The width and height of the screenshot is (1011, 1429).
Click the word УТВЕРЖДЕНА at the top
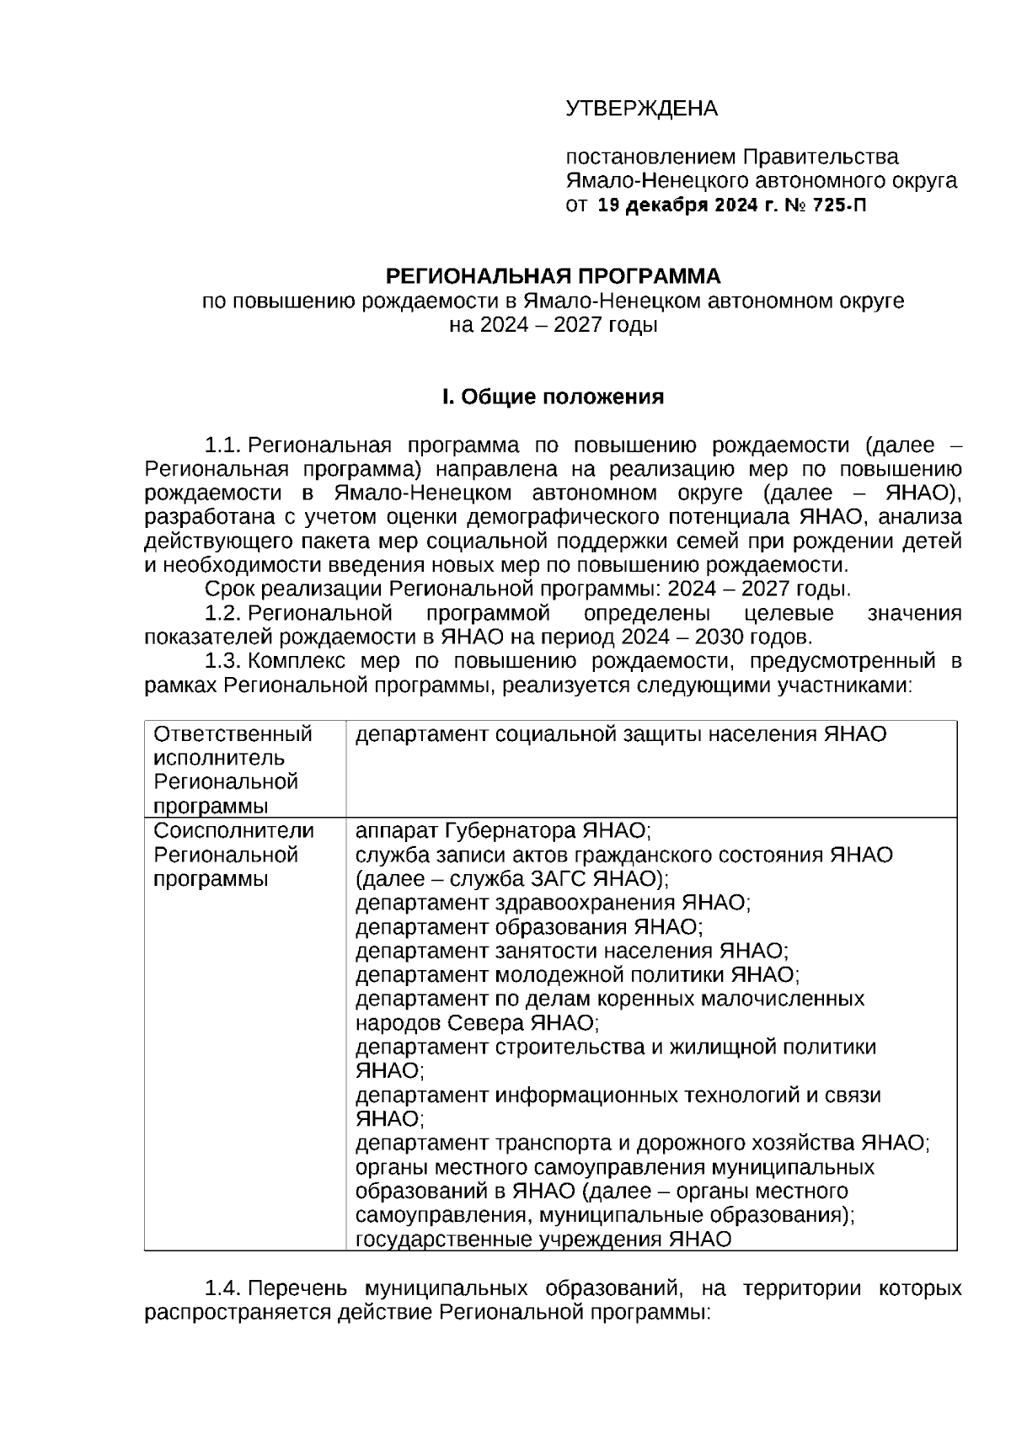point(641,109)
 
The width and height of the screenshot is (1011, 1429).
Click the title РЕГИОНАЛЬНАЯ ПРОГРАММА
point(553,276)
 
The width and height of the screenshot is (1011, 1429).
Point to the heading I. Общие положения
point(553,397)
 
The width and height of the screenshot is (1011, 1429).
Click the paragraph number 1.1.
point(223,445)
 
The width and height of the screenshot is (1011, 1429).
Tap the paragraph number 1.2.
point(223,613)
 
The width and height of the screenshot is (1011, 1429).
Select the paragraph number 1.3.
point(223,661)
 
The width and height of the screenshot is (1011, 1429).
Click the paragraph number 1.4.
point(223,1289)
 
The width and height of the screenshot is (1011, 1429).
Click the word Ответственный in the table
point(233,734)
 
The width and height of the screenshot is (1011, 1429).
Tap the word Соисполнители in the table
point(234,831)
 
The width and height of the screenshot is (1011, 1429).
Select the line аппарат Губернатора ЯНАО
point(503,831)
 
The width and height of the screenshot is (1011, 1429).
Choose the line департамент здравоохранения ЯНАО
point(553,903)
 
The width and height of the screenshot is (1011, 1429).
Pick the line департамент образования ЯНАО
point(528,927)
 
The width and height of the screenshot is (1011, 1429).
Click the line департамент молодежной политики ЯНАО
point(577,975)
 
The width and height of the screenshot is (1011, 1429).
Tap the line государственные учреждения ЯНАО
point(543,1240)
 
